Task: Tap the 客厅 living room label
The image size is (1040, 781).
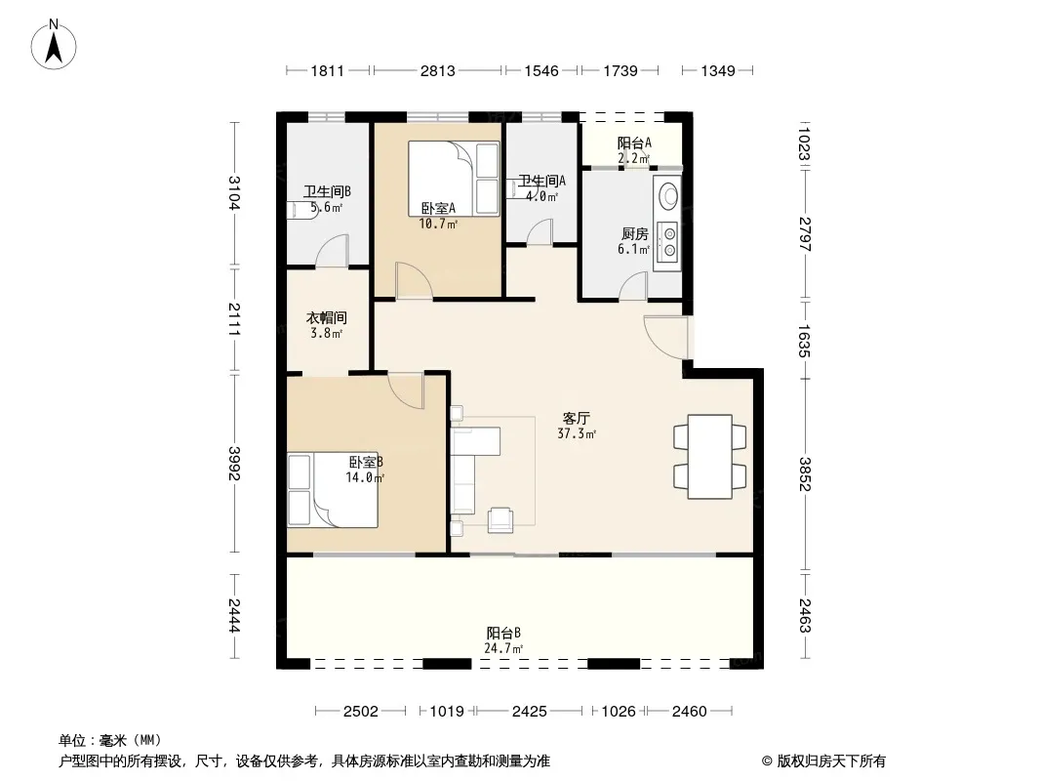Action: click(576, 418)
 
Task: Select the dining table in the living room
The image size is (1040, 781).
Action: click(709, 457)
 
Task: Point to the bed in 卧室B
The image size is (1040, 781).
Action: click(333, 490)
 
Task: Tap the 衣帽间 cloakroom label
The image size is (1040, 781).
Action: click(326, 318)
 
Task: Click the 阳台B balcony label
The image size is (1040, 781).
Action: click(503, 633)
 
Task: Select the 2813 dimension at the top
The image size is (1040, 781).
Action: click(438, 70)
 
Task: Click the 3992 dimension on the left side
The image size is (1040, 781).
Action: click(234, 463)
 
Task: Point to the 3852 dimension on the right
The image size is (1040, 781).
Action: click(805, 473)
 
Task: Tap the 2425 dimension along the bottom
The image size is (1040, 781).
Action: click(530, 712)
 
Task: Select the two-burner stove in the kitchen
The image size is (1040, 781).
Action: click(669, 242)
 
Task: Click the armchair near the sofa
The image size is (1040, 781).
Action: click(500, 520)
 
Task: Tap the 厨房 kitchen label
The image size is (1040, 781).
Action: click(635, 234)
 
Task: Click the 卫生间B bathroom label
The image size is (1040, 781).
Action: click(327, 191)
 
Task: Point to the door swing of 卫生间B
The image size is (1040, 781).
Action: click(332, 251)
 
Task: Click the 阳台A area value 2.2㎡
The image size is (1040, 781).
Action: click(633, 158)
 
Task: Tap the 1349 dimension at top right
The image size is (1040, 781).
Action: click(718, 70)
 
